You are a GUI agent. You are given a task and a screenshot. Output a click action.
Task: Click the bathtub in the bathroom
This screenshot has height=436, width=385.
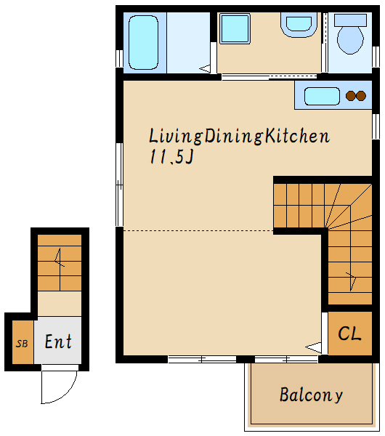pos(143,42)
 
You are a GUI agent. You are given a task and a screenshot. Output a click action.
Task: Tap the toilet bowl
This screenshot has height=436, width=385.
pos(350,40)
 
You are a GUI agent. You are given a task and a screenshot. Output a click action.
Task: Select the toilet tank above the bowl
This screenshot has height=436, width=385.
pos(350,20)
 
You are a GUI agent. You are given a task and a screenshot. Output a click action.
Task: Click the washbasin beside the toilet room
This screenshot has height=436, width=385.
pos(299,25)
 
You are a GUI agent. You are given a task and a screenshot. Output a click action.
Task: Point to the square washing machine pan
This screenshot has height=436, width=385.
pos(235,28)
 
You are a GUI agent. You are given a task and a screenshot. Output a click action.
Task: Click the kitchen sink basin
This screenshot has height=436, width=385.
pos(322,96)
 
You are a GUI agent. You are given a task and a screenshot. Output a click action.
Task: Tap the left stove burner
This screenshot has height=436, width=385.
pos(350,96)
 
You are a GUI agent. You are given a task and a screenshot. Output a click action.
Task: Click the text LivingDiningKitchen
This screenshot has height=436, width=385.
pos(239,137)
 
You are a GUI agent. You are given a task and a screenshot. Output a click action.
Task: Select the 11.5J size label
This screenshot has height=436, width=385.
pos(171,156)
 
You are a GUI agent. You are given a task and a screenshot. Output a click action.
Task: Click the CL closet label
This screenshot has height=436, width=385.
pos(349,333)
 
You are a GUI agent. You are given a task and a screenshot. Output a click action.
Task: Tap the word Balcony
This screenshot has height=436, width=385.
pos(311,395)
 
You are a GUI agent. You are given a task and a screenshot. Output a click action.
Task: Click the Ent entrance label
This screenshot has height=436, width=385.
pos(58,342)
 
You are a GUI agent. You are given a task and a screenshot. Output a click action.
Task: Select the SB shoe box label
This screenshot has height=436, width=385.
pos(22,344)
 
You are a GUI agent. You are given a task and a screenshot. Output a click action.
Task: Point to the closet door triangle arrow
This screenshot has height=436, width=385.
pos(314,347)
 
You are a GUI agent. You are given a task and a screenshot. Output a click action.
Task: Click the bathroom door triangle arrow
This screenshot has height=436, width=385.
pos(205,68)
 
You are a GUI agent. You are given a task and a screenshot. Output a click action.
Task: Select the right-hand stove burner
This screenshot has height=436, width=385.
pos(361,96)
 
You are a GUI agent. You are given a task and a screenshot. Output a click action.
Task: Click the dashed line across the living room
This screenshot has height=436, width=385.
pos(198,230)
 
